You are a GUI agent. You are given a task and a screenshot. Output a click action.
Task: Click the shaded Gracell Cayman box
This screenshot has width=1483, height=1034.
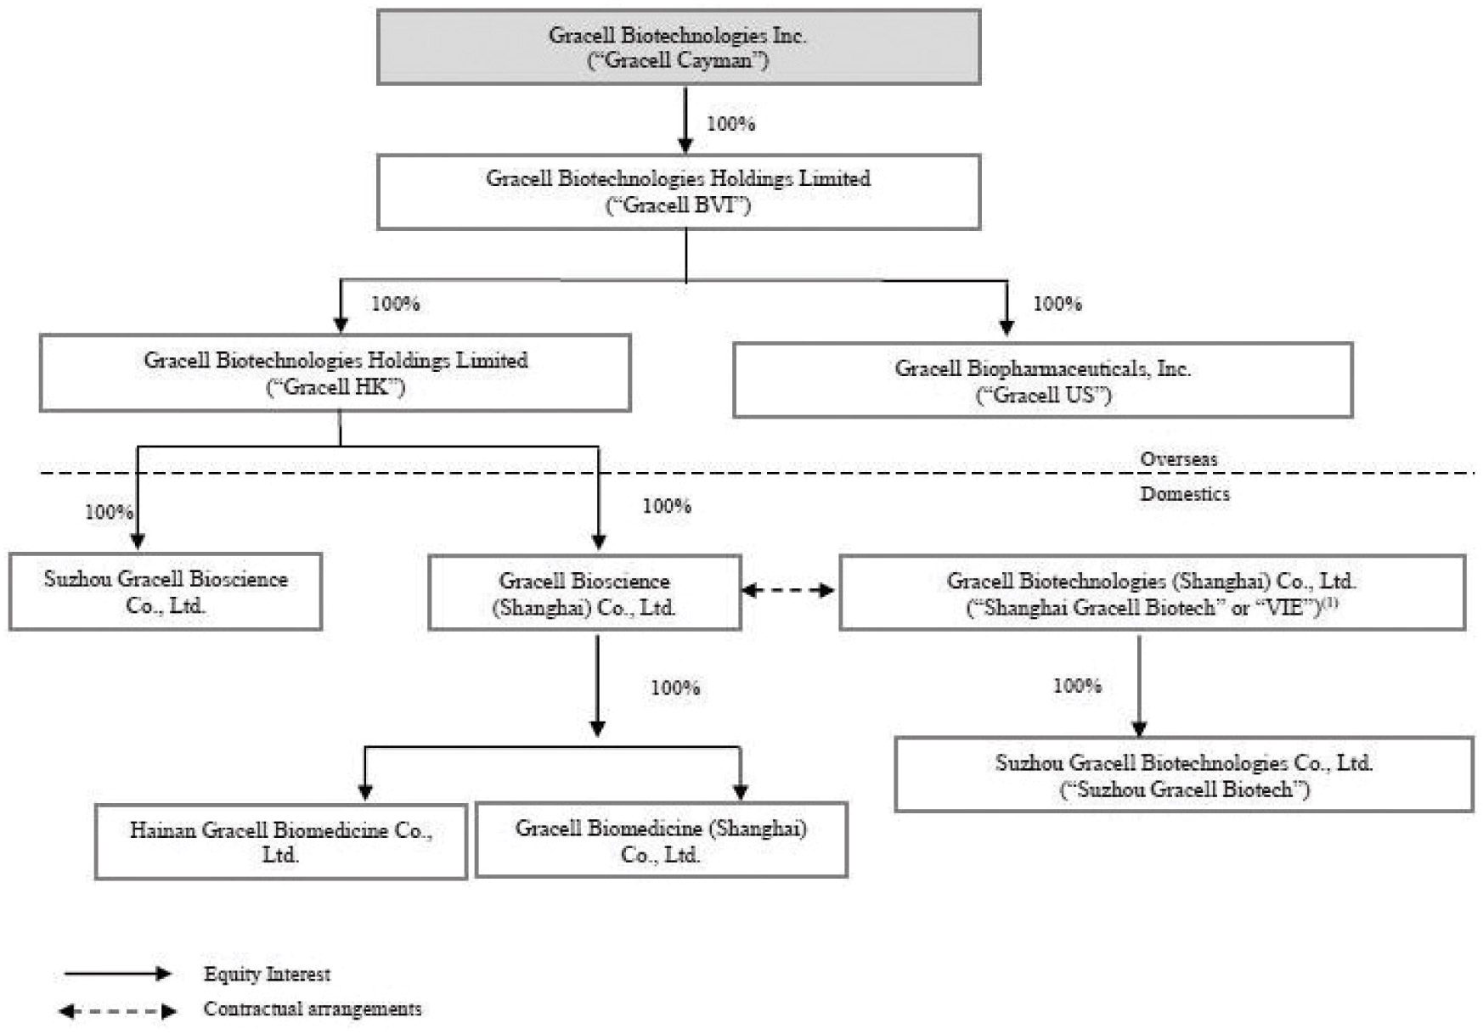[679, 48]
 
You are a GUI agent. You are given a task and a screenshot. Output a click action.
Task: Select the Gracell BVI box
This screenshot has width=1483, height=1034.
[679, 192]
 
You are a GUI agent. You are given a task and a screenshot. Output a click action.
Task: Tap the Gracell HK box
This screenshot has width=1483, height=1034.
[336, 373]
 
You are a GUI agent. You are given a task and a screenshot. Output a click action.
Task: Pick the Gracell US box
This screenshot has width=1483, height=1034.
[1043, 380]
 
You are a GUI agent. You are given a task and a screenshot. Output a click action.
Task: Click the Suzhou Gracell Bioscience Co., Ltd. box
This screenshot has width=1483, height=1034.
[166, 592]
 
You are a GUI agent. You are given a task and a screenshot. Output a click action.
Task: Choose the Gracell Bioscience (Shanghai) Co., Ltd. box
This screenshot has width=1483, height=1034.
[584, 593]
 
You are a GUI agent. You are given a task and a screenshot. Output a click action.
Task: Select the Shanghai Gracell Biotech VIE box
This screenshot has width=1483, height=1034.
[1153, 593]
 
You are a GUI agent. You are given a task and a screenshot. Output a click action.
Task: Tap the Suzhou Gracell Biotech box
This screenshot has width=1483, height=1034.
[1184, 774]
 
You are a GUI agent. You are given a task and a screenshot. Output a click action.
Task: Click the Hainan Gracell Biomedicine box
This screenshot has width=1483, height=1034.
[281, 841]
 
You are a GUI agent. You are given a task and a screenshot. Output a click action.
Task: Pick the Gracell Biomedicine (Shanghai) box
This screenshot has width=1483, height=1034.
[662, 840]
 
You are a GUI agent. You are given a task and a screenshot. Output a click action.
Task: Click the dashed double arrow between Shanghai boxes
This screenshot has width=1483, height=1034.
[789, 591]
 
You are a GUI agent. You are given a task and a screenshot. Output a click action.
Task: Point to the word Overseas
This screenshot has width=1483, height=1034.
[1179, 459]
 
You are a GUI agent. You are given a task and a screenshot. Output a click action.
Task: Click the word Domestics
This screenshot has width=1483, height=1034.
[1185, 494]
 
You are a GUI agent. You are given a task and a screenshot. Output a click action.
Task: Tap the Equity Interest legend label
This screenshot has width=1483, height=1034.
[267, 975]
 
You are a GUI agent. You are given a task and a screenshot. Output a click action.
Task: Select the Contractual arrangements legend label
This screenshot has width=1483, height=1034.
[313, 1009]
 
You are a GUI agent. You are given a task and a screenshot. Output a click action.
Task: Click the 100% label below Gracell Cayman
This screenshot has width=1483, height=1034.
[731, 124]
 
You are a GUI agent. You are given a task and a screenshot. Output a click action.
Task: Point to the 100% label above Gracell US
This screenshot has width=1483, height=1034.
[1057, 304]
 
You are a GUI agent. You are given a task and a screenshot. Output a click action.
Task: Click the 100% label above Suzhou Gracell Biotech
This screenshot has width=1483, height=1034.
[1078, 686]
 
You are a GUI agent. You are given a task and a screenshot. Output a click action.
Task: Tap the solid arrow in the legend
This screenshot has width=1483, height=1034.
[118, 975]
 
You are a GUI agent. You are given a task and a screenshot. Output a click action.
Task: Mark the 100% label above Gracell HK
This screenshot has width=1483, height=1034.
[396, 304]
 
